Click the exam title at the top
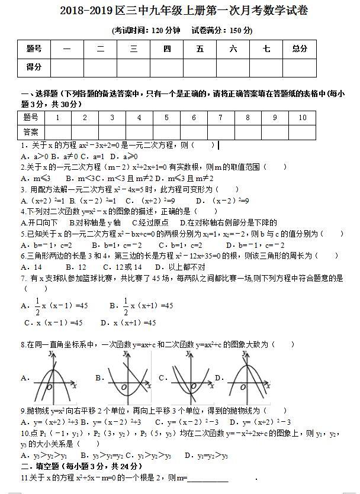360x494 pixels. click(x=180, y=11)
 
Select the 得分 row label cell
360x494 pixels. click(x=34, y=67)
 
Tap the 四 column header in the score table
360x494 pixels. click(x=167, y=49)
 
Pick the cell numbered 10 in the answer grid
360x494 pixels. click(x=302, y=118)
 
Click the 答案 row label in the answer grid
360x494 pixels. click(x=31, y=131)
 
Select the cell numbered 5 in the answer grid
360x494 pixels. click(x=166, y=118)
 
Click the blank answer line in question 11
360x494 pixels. click(x=208, y=478)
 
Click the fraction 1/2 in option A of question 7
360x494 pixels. click(x=37, y=305)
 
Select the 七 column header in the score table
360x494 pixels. click(x=266, y=49)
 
